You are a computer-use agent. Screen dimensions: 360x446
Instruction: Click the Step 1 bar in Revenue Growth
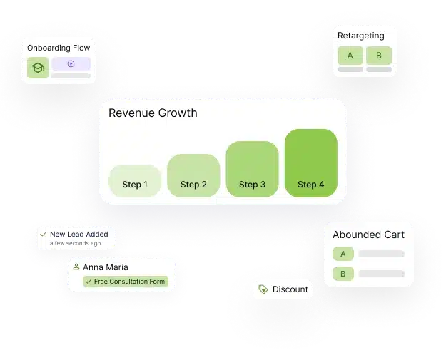click(135, 181)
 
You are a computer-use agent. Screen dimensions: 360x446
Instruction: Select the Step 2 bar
click(193, 175)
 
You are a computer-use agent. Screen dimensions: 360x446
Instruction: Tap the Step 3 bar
click(252, 169)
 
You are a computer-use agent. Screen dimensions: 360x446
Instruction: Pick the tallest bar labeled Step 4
click(310, 163)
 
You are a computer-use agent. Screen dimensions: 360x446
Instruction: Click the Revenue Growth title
click(153, 113)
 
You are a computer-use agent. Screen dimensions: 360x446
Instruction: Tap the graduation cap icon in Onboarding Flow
click(38, 68)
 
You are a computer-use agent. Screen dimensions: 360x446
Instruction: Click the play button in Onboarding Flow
click(71, 63)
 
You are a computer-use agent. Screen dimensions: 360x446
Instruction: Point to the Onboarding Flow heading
click(59, 48)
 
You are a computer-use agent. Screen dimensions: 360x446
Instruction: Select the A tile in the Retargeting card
click(350, 56)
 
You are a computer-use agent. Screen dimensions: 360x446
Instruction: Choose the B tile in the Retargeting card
click(378, 56)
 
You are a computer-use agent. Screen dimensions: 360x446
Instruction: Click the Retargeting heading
click(360, 36)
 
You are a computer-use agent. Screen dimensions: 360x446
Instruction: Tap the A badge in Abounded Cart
click(343, 254)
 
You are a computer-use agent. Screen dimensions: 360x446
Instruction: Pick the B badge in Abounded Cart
click(343, 274)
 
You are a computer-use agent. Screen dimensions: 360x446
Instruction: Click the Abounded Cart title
click(368, 235)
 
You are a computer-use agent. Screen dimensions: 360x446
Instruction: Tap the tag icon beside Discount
click(263, 289)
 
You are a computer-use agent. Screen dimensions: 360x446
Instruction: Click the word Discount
click(290, 289)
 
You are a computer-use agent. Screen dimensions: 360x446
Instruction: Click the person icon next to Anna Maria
click(76, 267)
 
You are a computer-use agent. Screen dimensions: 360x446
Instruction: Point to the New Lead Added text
click(78, 234)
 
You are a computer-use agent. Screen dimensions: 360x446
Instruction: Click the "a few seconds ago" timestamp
click(75, 243)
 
